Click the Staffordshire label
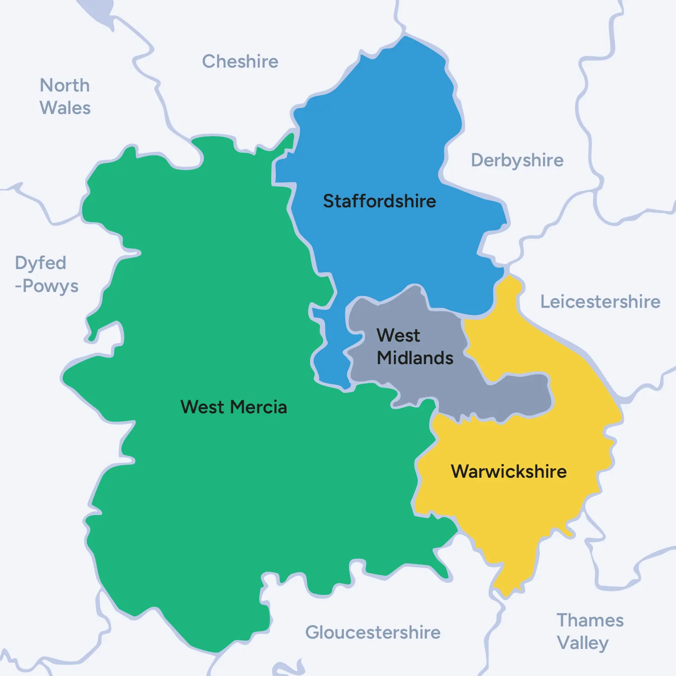click(379, 201)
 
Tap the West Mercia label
click(233, 407)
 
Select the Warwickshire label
click(509, 471)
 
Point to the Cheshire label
click(240, 61)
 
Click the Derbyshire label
click(517, 160)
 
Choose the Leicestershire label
click(600, 301)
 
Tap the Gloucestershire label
click(373, 632)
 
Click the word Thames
click(590, 620)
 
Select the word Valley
click(583, 643)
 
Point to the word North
click(65, 85)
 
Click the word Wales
click(65, 108)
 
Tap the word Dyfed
click(41, 263)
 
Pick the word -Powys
click(47, 286)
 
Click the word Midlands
click(415, 358)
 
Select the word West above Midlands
click(398, 335)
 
